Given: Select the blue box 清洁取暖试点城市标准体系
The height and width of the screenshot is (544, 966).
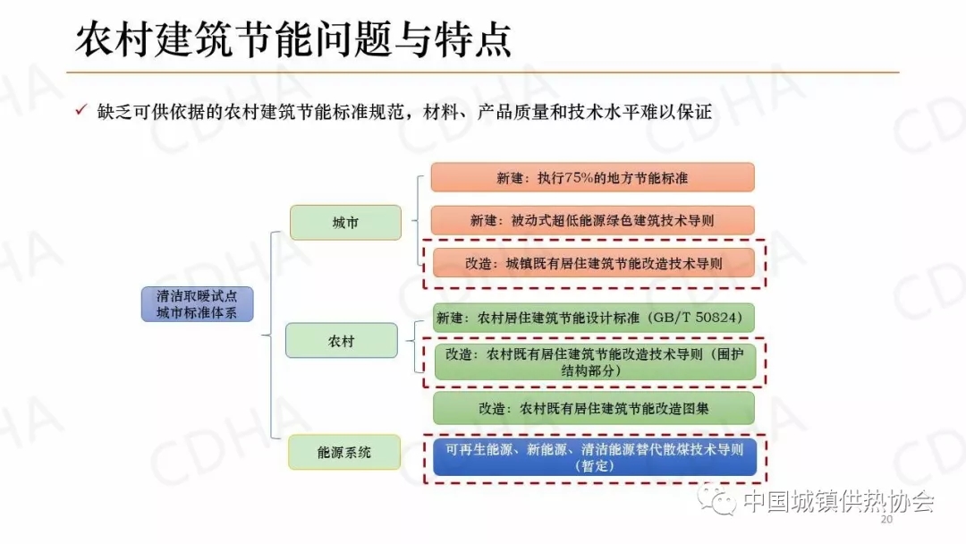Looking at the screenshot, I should pos(197,304).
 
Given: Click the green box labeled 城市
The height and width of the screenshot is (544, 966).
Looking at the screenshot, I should pos(345,223).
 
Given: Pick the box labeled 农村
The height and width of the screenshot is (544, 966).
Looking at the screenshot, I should pos(341,341).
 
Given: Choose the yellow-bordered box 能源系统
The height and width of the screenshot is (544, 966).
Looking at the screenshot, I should pos(343,453).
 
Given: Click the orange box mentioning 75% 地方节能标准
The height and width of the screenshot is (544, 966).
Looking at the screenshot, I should pos(592,177).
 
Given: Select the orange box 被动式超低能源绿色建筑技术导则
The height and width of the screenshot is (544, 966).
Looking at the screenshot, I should pos(592,220).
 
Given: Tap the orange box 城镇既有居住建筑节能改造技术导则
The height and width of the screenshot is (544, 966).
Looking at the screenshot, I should pos(593,263).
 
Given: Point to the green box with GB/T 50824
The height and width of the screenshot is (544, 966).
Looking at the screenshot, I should pos(593,318).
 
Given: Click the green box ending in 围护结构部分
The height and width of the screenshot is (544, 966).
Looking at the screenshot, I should pos(593,361).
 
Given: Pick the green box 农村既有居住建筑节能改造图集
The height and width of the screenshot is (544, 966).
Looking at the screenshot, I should pos(593,408).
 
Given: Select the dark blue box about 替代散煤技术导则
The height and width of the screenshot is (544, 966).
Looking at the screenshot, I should pos(593,457).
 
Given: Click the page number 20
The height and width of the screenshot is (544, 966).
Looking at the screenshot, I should pos(887,520).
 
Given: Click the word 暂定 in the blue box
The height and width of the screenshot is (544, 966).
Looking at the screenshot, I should pos(593,466).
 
